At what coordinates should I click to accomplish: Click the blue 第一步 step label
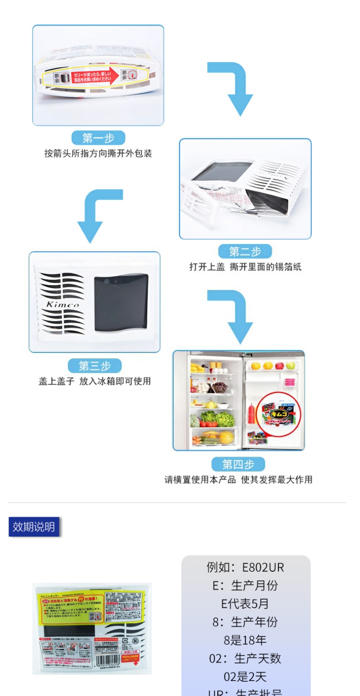98,138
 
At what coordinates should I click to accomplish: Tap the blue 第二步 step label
245,251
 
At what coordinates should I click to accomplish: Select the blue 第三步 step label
94,366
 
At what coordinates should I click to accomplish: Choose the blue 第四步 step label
238,464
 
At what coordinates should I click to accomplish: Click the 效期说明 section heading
34,527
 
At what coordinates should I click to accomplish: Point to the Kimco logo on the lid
62,305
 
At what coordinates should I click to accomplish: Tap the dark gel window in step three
121,302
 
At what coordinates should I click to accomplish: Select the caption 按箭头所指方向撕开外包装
98,154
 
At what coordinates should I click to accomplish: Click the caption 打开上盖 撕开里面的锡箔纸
245,267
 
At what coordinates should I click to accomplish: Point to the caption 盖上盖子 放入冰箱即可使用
94,381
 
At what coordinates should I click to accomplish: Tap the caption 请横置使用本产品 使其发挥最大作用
238,480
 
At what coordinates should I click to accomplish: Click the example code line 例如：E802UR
245,567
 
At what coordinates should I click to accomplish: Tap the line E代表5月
245,604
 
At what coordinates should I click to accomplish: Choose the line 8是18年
245,640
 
